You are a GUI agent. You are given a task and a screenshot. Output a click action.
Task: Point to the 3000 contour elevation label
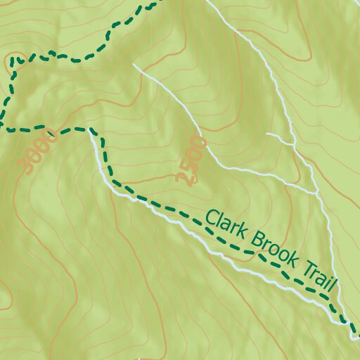tap(38, 150)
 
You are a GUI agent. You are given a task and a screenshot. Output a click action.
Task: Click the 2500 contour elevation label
tap(191, 160)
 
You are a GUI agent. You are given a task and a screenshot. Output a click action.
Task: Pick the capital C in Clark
tap(210, 220)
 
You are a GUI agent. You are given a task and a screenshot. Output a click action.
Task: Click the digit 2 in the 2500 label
tap(184, 176)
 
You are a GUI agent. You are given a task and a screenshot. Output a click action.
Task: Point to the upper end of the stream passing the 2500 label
tap(134, 65)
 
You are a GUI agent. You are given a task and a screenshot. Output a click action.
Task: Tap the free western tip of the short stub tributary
tap(267, 134)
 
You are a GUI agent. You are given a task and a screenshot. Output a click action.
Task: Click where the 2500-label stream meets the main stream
tap(316, 191)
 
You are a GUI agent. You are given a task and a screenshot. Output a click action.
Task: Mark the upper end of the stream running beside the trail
tap(91, 134)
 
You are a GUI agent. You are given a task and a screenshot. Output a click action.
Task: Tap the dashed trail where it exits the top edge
tap(153, 2)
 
